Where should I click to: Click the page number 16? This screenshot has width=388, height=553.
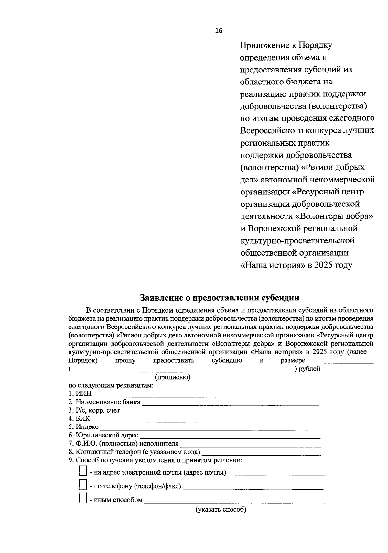[x=219, y=31]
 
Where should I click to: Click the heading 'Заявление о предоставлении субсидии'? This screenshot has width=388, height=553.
[x=220, y=298]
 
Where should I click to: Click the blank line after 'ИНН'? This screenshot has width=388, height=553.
[x=207, y=395]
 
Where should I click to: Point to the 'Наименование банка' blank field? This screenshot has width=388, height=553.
[x=230, y=403]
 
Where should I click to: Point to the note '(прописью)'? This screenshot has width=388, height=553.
[x=173, y=377]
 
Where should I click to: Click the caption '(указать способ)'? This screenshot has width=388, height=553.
[x=221, y=510]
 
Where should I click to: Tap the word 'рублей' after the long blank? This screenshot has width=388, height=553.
[x=309, y=369]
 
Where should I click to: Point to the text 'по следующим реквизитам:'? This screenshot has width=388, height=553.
[x=111, y=386]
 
